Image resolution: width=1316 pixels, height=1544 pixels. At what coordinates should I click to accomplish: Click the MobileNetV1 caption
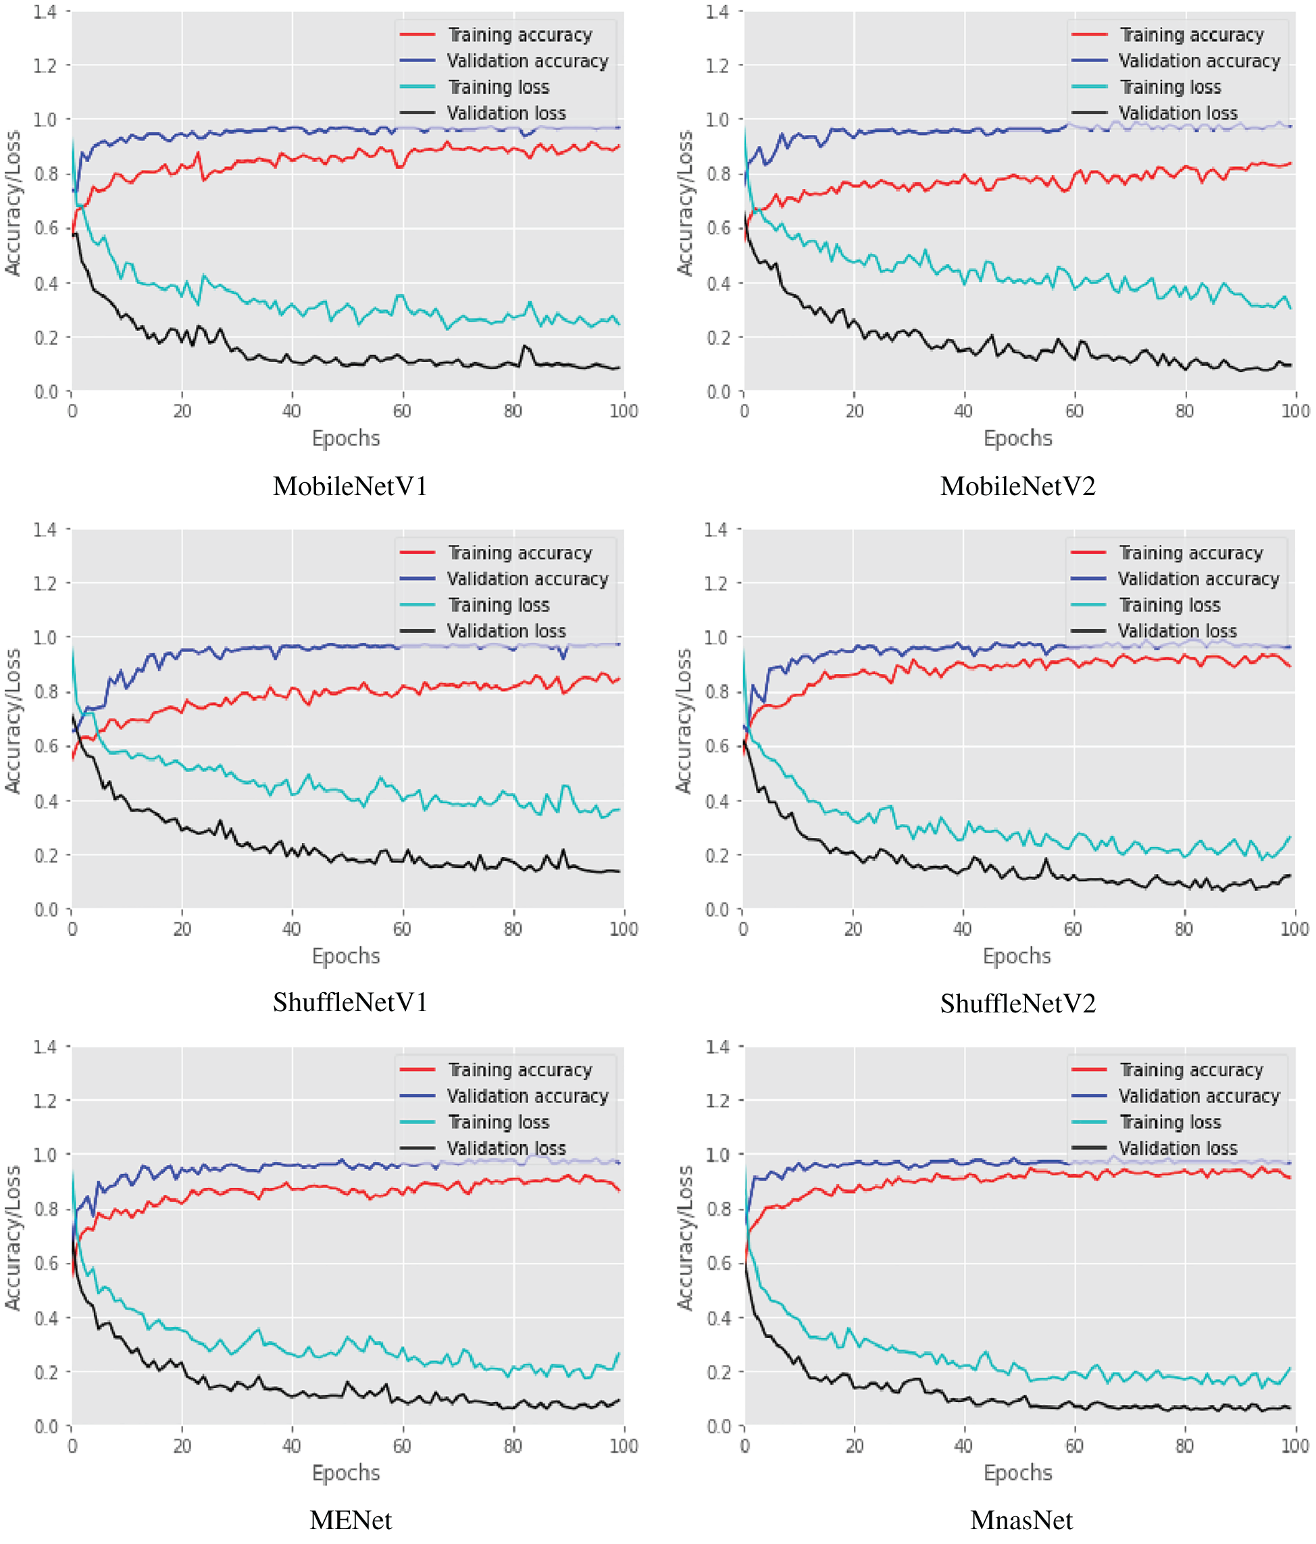pyautogui.click(x=350, y=486)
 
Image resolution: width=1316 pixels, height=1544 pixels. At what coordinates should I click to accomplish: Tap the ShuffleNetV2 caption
pyautogui.click(x=1018, y=1004)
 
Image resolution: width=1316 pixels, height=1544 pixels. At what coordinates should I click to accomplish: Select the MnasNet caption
pyautogui.click(x=1021, y=1520)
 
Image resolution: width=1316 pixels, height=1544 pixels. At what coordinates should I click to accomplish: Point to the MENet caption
pyautogui.click(x=350, y=1520)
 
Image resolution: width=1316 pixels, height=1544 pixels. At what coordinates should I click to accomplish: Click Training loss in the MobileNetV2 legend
pyautogui.click(x=1170, y=87)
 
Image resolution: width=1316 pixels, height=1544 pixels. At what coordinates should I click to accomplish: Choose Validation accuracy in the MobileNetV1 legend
pyautogui.click(x=528, y=61)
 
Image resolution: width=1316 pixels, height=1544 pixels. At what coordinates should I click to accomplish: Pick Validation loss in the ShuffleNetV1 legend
pyautogui.click(x=506, y=631)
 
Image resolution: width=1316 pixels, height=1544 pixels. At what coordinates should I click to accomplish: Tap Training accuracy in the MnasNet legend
pyautogui.click(x=1191, y=1070)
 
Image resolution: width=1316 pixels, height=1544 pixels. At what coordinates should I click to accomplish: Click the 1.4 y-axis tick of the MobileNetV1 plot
pyautogui.click(x=45, y=12)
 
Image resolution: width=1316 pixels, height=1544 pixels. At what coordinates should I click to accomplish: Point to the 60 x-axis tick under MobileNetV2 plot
pyautogui.click(x=1074, y=411)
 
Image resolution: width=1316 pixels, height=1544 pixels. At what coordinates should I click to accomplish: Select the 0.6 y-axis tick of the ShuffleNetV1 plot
pyautogui.click(x=45, y=746)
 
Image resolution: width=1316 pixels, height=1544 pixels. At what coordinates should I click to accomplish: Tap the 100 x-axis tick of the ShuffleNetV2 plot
pyautogui.click(x=1294, y=929)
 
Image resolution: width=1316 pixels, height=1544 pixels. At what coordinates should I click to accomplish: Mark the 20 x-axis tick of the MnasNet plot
pyautogui.click(x=854, y=1446)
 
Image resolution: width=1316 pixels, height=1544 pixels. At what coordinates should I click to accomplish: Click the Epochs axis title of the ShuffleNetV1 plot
pyautogui.click(x=346, y=956)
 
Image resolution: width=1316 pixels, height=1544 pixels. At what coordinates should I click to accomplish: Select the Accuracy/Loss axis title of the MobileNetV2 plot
pyautogui.click(x=685, y=203)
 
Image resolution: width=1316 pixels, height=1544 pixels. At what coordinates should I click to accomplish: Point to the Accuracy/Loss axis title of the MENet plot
pyautogui.click(x=13, y=1239)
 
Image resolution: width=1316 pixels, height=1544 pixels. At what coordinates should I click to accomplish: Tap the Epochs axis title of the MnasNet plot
pyautogui.click(x=1017, y=1473)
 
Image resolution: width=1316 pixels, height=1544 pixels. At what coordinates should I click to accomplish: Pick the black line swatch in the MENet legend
pyautogui.click(x=417, y=1148)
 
